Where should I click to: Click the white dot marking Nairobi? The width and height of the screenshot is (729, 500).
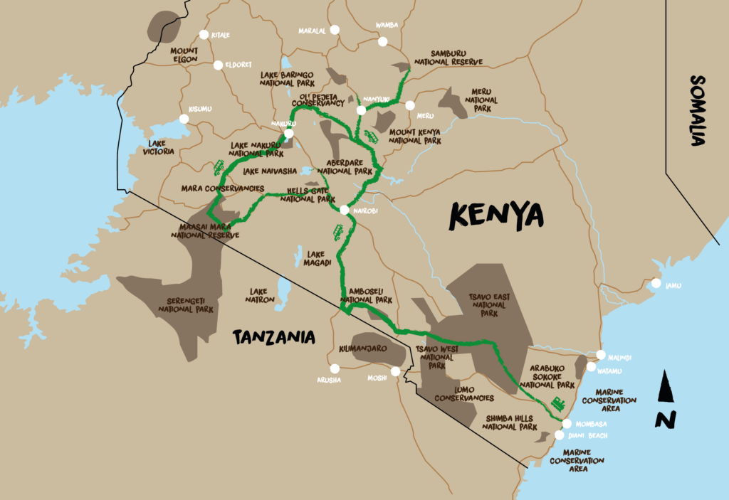(345, 210)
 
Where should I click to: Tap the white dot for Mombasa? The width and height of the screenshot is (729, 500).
(567, 423)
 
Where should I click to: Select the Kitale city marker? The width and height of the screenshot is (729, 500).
(204, 34)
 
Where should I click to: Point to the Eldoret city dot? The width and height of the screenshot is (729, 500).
(218, 65)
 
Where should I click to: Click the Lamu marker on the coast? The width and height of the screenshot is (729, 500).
(655, 284)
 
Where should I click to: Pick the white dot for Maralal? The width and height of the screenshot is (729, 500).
(335, 31)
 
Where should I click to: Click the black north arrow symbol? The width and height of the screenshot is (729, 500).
(666, 399)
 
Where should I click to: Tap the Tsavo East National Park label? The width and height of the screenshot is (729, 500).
(488, 304)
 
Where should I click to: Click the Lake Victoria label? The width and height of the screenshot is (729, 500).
(158, 147)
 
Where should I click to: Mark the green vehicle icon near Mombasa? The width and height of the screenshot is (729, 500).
(557, 403)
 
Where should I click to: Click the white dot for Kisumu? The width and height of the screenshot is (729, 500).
(184, 119)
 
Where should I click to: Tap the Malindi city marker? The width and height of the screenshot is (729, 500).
(602, 355)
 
